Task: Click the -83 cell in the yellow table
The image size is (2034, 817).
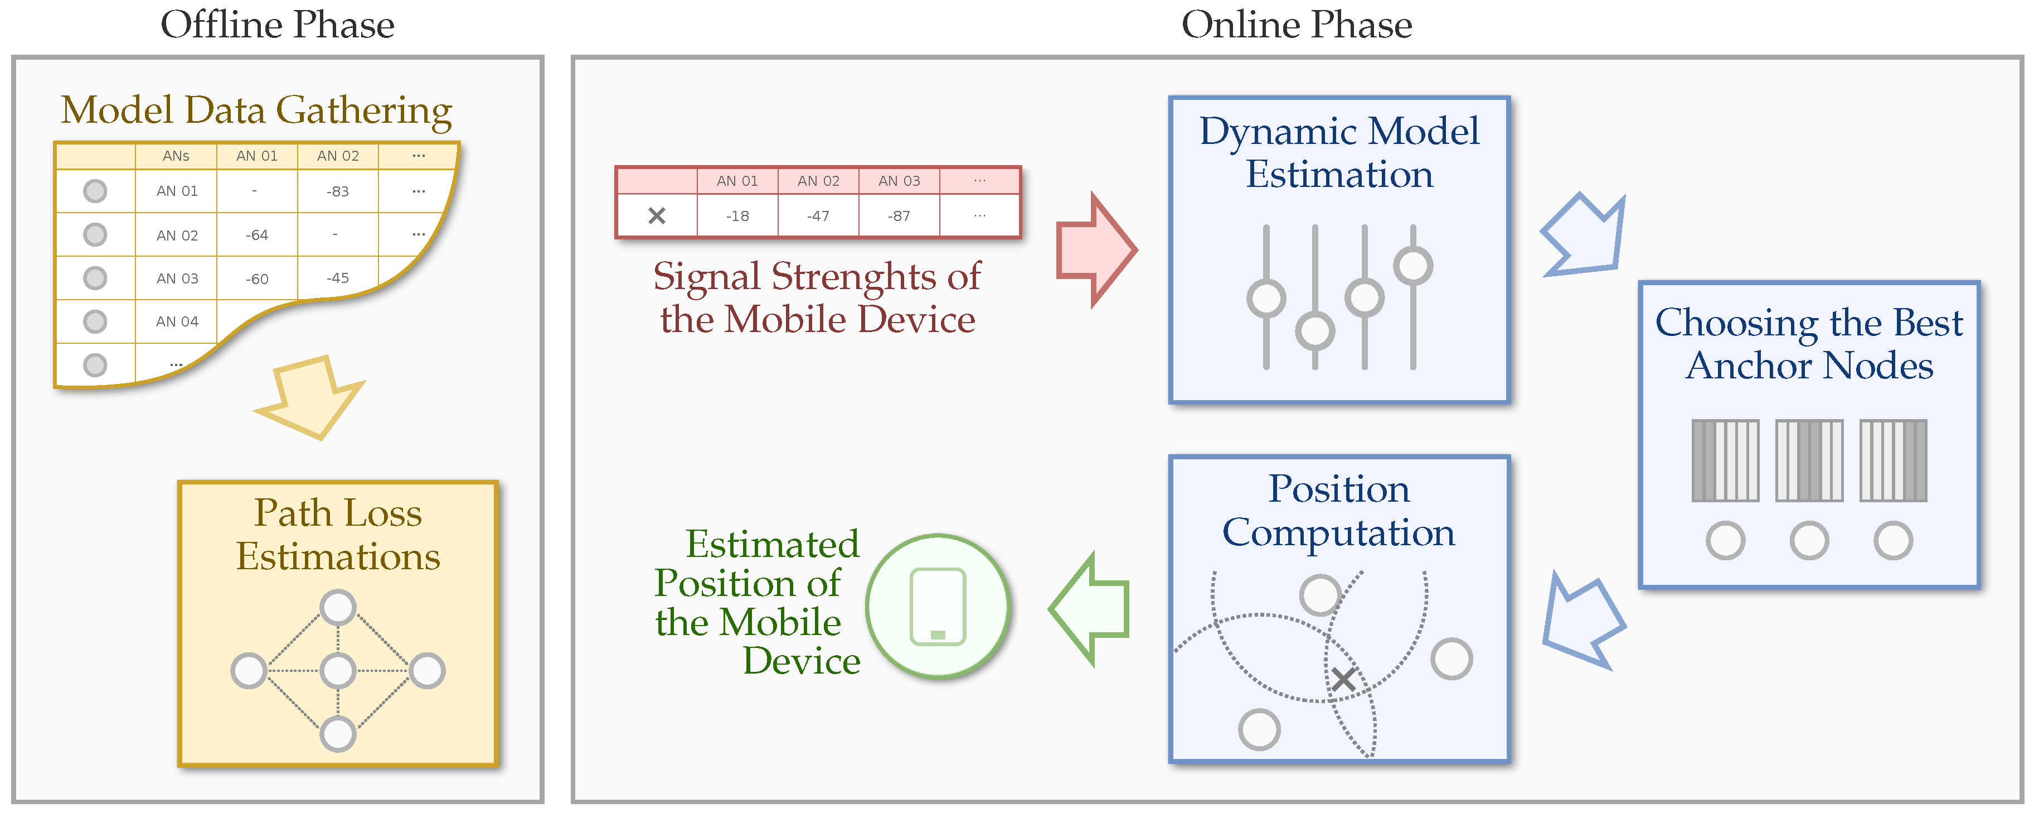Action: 337,191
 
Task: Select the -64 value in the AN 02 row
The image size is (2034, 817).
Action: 256,235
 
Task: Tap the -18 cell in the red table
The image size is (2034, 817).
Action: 737,216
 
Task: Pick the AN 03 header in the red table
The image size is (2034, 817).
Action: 899,181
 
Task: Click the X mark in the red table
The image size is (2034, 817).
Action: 656,216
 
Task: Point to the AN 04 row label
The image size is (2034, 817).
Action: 177,321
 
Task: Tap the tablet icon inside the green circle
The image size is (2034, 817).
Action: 938,607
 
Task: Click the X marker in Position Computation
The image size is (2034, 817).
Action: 1343,679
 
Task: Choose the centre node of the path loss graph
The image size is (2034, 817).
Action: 338,671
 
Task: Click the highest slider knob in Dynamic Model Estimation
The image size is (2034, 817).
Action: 1412,265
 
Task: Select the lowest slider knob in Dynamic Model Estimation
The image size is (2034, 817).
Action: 1315,330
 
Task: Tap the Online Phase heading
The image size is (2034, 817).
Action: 1297,25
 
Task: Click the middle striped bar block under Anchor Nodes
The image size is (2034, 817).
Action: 1809,460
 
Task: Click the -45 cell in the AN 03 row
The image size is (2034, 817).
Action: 337,278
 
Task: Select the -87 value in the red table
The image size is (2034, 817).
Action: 899,216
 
